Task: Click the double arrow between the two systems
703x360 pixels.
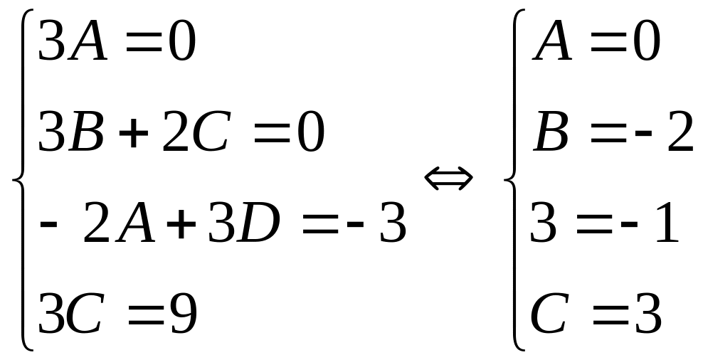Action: click(x=448, y=179)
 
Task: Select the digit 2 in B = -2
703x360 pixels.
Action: click(x=677, y=135)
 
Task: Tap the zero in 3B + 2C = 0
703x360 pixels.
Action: click(x=308, y=135)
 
